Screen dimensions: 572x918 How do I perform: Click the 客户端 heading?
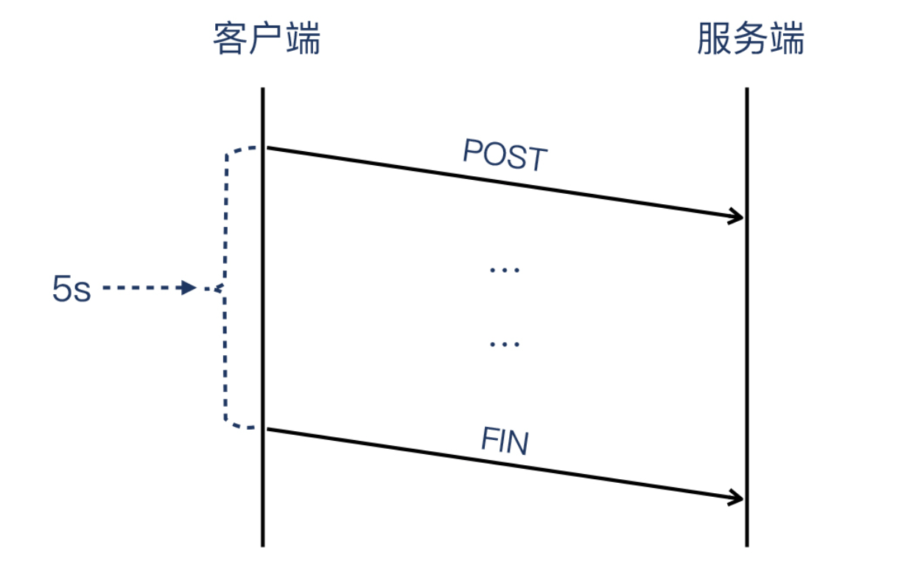267,39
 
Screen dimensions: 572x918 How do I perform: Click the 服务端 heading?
750,39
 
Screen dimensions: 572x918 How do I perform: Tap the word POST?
505,156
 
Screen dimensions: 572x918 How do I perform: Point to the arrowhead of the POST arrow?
739,217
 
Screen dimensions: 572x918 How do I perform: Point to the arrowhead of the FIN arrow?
739,498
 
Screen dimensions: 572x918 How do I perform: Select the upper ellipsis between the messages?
505,270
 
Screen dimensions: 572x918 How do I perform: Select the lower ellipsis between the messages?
505,343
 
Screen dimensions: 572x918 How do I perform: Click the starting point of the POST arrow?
268,148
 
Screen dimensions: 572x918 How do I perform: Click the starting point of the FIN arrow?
268,429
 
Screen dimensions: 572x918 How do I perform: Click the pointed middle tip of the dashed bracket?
218,289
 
